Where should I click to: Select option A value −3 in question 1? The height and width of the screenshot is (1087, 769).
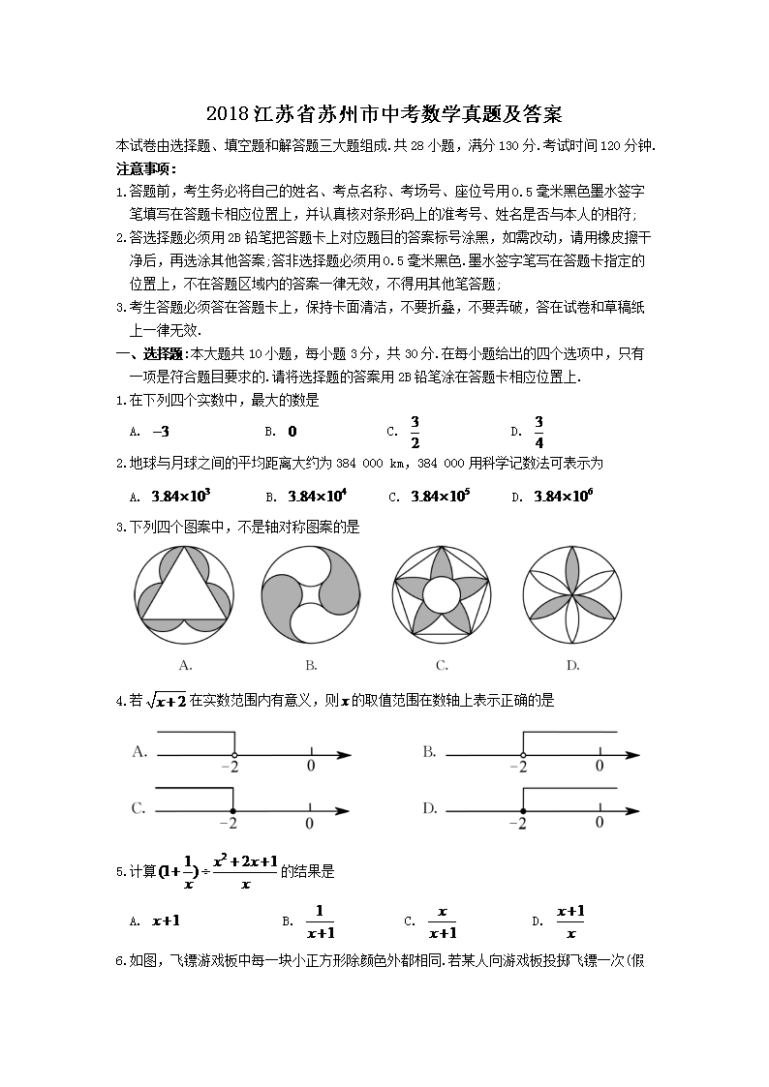pos(161,432)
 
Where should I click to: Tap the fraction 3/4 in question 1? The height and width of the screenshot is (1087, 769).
pos(538,432)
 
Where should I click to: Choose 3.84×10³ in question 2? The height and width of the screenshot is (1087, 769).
pos(181,497)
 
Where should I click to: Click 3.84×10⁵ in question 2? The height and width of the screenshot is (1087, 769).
pos(440,497)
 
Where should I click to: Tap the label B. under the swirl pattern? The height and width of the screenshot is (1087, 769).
pos(311,665)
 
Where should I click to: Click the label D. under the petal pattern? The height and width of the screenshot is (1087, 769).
pos(572,665)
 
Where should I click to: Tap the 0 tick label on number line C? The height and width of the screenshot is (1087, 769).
pos(309,824)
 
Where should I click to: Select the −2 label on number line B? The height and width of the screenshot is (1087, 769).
pos(519,767)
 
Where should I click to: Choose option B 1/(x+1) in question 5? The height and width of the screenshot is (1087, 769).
pos(320,922)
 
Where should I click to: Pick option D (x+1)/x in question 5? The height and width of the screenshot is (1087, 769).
pos(570,922)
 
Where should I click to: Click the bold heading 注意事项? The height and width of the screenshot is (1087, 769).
pos(143,167)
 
